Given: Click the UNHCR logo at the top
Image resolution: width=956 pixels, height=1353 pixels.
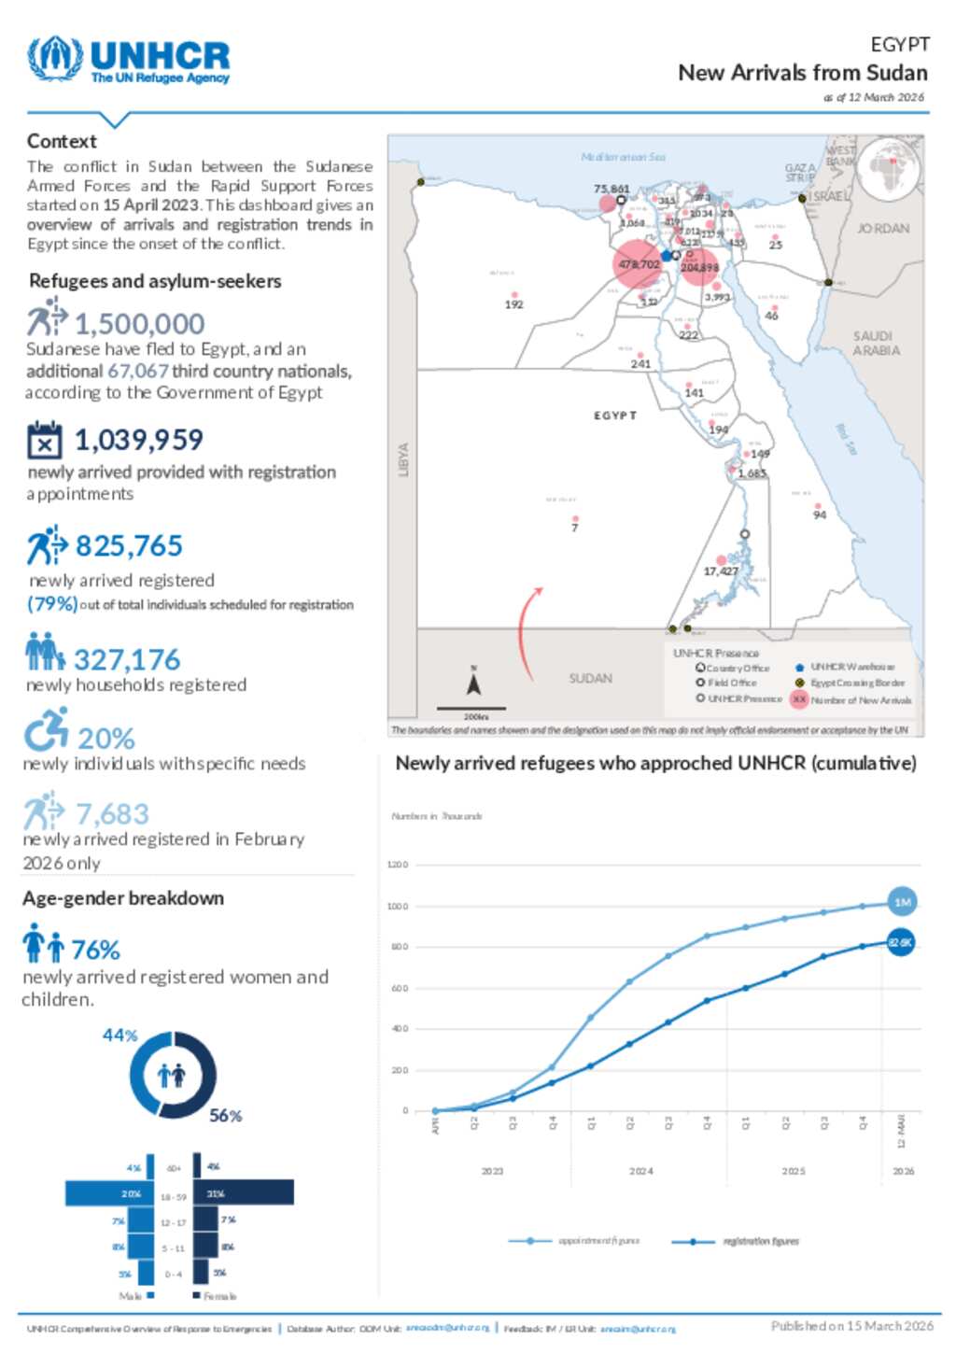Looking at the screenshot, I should click(129, 61).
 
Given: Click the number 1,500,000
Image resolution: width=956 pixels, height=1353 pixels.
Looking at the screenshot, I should click(139, 323).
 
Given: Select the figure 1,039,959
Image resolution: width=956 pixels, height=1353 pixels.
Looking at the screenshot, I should click(138, 439).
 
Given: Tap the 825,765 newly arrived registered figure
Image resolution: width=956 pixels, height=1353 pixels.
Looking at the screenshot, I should click(129, 545).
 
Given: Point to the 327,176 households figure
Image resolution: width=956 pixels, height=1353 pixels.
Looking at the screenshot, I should click(127, 660).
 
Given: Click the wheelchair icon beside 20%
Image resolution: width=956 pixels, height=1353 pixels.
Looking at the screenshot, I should click(46, 730).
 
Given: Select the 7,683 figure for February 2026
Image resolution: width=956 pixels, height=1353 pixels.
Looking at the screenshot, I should click(112, 813).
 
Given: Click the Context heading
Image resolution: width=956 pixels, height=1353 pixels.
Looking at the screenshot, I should click(62, 141).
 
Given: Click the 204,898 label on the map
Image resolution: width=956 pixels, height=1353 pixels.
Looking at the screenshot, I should click(699, 268).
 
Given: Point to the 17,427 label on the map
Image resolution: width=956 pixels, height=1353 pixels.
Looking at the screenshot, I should click(721, 571).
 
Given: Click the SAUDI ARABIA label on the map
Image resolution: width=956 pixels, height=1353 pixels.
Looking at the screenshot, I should click(876, 343).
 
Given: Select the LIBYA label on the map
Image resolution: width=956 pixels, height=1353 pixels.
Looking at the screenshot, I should click(403, 459).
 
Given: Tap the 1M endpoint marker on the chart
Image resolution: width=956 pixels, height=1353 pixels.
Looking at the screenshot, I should click(902, 902).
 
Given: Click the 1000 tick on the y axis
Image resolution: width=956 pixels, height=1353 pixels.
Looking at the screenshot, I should click(398, 906).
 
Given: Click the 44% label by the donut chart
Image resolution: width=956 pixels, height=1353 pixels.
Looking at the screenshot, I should click(120, 1035).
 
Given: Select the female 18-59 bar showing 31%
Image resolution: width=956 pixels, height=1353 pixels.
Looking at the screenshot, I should click(245, 1192).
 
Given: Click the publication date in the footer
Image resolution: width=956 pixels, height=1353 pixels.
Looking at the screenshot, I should click(851, 1325).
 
